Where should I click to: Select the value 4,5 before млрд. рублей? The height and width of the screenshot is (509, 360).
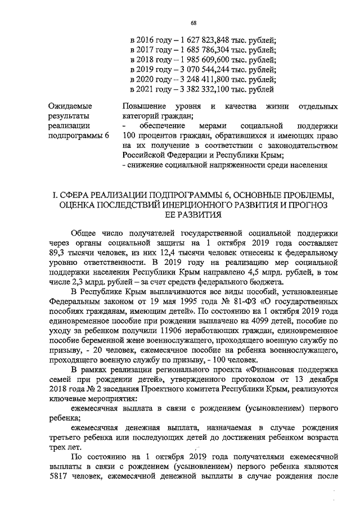point(276,273)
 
